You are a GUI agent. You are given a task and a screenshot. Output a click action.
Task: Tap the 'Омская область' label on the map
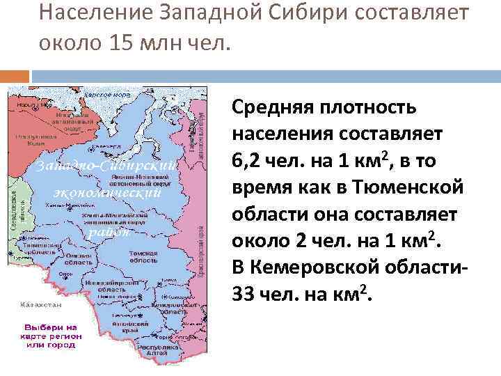pyautogui.click(x=79, y=258)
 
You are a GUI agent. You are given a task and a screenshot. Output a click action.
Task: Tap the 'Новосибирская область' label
pyautogui.click(x=110, y=285)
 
